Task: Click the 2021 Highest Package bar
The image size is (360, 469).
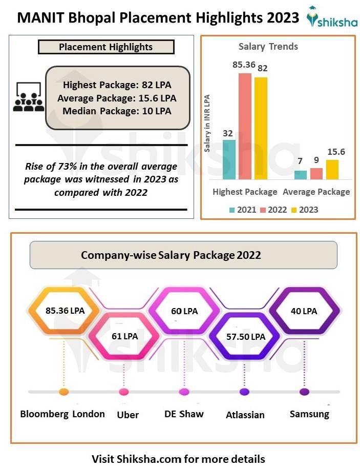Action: click(x=229, y=159)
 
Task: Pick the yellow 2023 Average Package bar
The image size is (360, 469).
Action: click(x=332, y=170)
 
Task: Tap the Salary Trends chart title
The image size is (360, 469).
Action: click(x=268, y=47)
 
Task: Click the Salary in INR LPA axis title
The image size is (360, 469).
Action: click(x=207, y=123)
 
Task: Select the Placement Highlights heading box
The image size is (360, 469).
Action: click(x=106, y=47)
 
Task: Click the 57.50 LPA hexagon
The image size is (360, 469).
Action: click(x=245, y=337)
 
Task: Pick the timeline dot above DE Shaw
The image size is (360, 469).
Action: click(x=184, y=392)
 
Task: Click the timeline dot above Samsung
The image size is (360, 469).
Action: click(x=305, y=392)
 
